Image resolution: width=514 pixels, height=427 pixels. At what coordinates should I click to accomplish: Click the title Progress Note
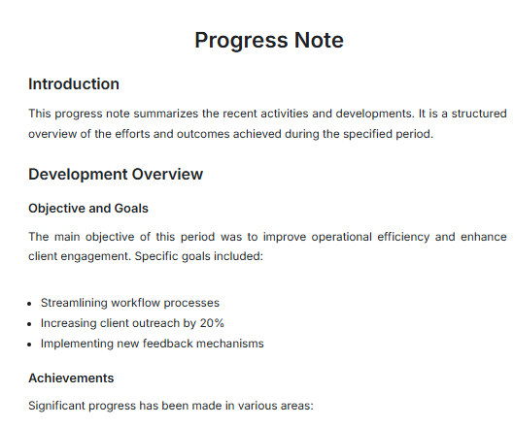coord(268,40)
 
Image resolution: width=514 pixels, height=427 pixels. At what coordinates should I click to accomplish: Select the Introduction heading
coord(74,83)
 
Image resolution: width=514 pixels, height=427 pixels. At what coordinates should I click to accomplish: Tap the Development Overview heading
coord(116,174)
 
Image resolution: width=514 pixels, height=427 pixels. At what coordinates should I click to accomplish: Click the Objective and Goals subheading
coord(87,208)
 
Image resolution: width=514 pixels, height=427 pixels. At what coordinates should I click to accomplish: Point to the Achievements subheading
coord(71,378)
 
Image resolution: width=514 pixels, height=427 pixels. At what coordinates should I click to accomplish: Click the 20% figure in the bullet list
coord(213,323)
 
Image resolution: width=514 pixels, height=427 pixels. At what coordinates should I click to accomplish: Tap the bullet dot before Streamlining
coord(31,303)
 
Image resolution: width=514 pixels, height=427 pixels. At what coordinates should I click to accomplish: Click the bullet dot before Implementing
coord(31,344)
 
